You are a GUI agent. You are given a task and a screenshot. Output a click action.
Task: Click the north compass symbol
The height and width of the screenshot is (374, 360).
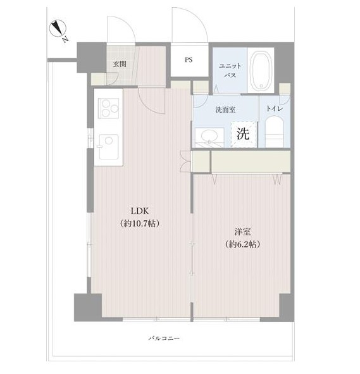pos(58,29)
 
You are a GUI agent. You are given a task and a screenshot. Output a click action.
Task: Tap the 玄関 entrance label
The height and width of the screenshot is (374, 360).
pos(120,64)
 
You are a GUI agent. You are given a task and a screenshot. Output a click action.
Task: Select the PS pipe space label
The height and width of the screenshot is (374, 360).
pos(189,59)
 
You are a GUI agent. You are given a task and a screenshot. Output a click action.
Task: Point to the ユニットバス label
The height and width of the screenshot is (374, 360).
pos(230,70)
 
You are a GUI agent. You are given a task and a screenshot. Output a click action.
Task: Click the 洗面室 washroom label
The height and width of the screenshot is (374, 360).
pos(225,109)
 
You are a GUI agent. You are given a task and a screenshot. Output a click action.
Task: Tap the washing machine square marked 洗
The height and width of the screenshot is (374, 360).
pos(244,134)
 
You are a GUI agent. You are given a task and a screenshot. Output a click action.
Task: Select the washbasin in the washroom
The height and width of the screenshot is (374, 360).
pos(209,137)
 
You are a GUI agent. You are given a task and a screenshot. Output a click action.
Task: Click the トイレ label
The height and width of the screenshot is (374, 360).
pos(275,109)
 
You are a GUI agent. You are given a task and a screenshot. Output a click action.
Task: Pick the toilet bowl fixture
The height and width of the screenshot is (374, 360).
pos(275,132)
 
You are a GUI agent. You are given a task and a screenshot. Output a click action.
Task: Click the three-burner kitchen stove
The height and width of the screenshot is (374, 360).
pos(108,108)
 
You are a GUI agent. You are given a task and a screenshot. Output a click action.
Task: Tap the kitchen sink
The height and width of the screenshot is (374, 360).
pos(109,147)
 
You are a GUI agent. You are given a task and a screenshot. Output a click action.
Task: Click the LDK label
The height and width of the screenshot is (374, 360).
pos(140,211)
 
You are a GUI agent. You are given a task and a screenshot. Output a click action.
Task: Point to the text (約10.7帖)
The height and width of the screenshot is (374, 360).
pos(140,223)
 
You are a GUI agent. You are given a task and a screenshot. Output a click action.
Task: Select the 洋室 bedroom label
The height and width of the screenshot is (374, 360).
pos(242,232)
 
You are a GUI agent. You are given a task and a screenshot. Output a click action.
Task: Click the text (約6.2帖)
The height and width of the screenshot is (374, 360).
pos(242,244)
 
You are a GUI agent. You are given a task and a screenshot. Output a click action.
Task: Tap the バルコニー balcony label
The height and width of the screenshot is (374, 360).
pos(164,338)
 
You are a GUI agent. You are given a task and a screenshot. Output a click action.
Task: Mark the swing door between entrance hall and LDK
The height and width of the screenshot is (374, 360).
pos(152,100)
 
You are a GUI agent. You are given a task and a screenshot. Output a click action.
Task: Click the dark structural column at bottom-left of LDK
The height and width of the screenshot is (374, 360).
pos(88,307)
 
